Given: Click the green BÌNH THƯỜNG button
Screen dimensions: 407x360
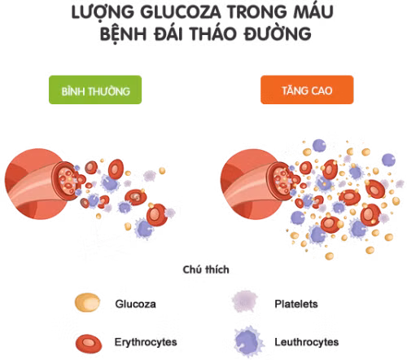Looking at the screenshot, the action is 95,90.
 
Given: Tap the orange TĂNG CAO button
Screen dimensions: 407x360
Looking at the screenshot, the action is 307,90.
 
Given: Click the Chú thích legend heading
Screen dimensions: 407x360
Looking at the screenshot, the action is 206,270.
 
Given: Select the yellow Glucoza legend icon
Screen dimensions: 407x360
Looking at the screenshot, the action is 87,302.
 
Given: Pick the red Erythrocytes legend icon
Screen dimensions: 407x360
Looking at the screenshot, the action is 89,344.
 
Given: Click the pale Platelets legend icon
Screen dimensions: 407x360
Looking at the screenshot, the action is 245,301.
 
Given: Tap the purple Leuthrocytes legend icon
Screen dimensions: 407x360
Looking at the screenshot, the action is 249,341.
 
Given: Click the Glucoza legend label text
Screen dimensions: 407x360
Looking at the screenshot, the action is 135,304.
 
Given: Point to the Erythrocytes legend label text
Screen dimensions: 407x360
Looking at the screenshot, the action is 146,342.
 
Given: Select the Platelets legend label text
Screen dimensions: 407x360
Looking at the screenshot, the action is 296,304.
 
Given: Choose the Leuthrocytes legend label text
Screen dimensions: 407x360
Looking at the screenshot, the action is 307,342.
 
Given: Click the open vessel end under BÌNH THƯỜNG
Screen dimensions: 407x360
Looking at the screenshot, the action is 67,181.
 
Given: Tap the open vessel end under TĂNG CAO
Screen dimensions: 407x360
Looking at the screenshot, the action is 282,181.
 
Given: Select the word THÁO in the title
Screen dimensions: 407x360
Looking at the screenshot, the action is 213,33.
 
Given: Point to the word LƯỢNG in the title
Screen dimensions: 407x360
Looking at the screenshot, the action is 103,13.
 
